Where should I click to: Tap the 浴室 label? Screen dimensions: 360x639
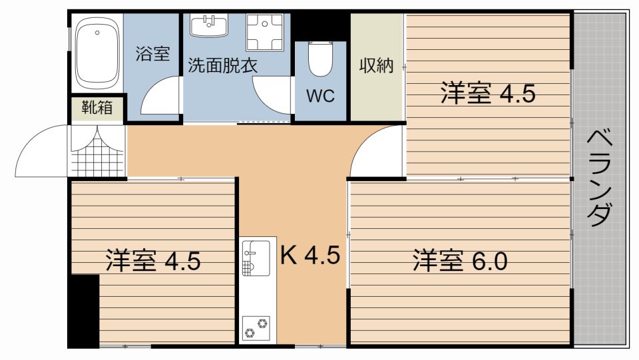coord(153,54)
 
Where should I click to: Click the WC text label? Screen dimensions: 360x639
coord(320,95)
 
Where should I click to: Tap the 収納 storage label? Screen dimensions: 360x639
coord(377,66)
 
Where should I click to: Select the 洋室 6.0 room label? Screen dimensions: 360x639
coord(460,260)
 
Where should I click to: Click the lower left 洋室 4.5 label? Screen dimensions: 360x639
coord(152,260)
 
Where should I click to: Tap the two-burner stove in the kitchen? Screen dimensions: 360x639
coord(256,326)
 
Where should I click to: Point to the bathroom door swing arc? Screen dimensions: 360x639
coord(160,96)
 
